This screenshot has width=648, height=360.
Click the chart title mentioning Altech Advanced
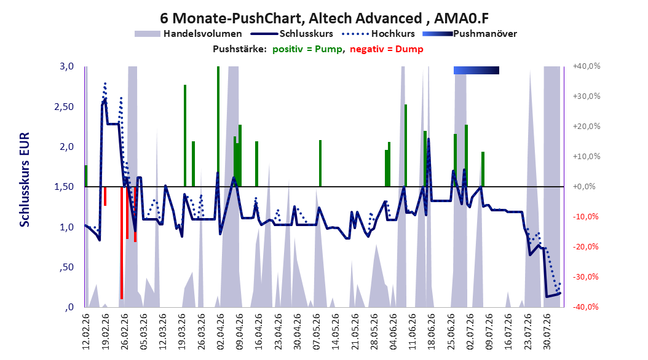[324, 18]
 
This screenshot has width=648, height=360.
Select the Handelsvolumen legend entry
[188, 34]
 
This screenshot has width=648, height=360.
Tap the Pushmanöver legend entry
[470, 34]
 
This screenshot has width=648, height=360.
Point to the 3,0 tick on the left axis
[66, 66]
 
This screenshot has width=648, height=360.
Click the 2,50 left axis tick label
[64, 106]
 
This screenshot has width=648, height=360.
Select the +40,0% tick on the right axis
[586, 66]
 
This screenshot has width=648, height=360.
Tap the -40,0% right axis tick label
[585, 307]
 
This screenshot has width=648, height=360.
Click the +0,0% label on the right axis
[584, 187]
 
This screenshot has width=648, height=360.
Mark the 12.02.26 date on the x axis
[86, 332]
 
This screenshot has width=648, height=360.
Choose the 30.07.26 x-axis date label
[547, 332]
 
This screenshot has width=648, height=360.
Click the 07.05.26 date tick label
[317, 332]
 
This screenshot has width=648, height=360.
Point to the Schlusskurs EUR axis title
[25, 179]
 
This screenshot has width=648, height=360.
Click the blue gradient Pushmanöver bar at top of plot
[476, 70]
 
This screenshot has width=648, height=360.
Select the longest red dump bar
[122, 243]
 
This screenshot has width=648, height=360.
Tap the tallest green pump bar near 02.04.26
[218, 127]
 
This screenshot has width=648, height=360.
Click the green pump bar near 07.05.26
[320, 163]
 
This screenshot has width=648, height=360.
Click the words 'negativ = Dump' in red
[387, 49]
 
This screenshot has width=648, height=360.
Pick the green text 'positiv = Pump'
[307, 49]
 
